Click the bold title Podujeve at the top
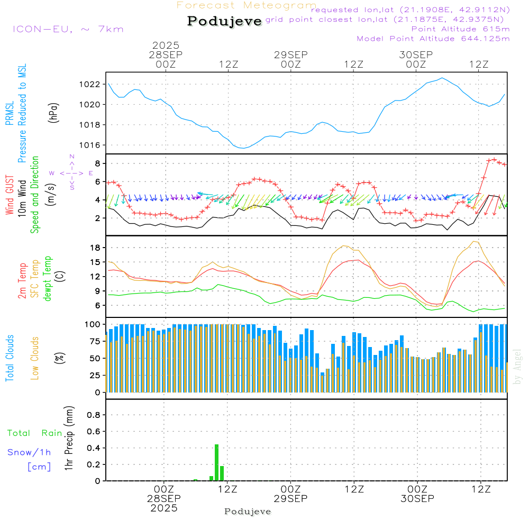tap(224, 21)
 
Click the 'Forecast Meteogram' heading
tap(247, 5)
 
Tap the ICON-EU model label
tap(68, 29)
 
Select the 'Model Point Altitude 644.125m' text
tap(433, 39)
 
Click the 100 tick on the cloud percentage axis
tap(93, 324)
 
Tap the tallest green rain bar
tap(216, 462)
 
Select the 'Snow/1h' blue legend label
tap(30, 453)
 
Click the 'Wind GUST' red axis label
tap(10, 196)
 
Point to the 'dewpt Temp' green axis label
tap(48, 279)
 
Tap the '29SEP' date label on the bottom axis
tap(290, 499)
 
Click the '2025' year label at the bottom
tap(164, 508)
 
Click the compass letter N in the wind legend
tap(72, 157)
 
